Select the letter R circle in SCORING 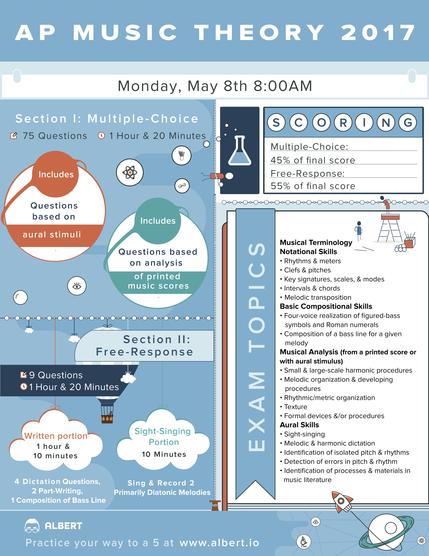343,122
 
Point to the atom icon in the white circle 130,172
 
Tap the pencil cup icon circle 181,155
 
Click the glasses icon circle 182,186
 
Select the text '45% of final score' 313,160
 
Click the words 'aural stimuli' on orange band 52,234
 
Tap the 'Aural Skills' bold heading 299,425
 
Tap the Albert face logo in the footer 32,525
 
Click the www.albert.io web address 219,543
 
